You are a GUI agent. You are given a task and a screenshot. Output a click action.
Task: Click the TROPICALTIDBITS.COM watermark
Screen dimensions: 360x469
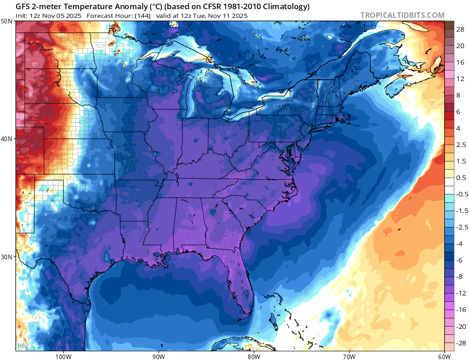point(402,15)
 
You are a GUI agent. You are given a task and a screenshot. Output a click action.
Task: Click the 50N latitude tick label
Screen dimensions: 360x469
point(7,22)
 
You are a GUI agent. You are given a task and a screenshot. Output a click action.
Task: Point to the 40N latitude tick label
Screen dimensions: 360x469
point(7,139)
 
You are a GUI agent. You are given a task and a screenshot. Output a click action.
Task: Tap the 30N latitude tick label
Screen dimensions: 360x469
point(7,256)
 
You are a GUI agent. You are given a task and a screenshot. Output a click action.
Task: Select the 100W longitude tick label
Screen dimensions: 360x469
point(63,356)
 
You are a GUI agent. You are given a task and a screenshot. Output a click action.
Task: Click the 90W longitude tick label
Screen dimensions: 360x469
point(158,356)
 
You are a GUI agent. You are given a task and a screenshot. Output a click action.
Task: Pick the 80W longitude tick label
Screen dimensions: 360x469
point(254,356)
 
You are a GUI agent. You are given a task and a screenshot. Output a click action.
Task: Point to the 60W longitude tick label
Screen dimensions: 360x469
point(444,356)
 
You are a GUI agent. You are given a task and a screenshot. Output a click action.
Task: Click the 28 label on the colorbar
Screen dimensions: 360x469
point(460,29)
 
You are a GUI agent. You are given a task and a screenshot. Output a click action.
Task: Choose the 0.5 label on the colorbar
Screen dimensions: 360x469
point(461,178)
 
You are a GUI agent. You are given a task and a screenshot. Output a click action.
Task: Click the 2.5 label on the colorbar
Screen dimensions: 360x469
point(461,145)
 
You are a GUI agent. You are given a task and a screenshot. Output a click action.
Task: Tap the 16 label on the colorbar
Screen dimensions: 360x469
point(460,62)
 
